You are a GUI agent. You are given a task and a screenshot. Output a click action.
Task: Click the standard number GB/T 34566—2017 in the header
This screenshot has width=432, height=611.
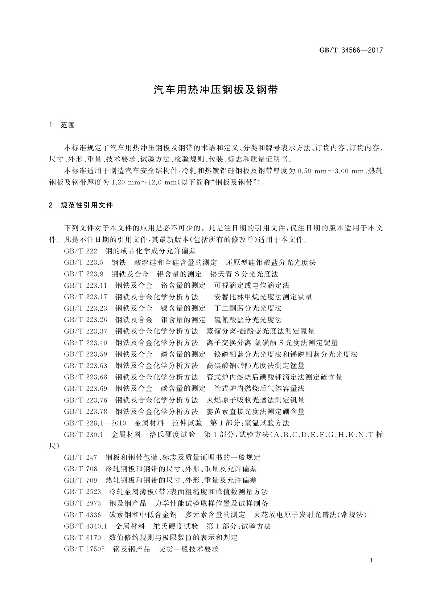(x=351, y=50)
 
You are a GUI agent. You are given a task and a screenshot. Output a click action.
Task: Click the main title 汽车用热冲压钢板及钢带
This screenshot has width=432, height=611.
(x=216, y=90)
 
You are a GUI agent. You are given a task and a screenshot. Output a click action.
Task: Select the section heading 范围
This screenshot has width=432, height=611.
(x=67, y=125)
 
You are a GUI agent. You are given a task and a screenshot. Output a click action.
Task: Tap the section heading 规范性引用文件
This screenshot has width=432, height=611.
(x=87, y=205)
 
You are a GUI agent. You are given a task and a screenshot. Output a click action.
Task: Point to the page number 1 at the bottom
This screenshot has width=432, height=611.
(x=372, y=561)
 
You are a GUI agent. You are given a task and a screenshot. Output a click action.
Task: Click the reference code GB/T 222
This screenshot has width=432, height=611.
(x=81, y=251)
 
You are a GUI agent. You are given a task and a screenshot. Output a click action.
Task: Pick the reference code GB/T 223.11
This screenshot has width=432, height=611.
(x=86, y=286)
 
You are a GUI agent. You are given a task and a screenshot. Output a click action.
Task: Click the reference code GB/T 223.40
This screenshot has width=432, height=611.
(x=86, y=343)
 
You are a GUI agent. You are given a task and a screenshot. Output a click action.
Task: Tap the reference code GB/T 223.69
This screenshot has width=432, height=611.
(x=86, y=389)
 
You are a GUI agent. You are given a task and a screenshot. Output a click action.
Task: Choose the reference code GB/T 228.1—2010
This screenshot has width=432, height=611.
(x=95, y=423)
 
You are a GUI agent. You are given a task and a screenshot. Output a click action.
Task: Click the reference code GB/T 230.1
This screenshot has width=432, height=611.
(x=84, y=435)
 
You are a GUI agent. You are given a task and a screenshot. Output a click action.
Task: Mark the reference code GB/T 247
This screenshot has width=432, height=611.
(x=81, y=458)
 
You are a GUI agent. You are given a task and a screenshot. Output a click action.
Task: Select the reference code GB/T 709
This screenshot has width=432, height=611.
(x=81, y=480)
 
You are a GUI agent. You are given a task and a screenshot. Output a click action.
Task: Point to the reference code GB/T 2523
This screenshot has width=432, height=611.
(x=82, y=492)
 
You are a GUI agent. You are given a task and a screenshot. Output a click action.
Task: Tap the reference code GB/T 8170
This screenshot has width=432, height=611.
(x=82, y=538)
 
